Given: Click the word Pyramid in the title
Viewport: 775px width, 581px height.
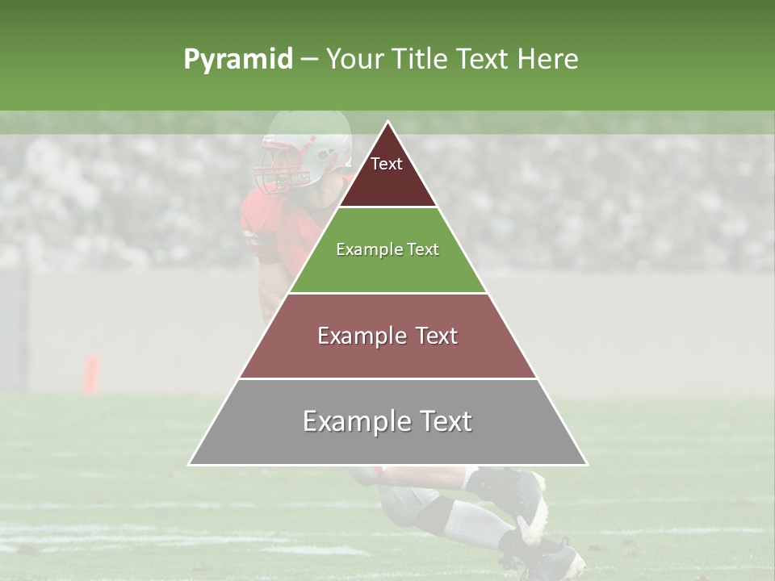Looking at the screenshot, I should (x=238, y=60).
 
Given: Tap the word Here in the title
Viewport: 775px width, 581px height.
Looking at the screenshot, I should (x=547, y=60).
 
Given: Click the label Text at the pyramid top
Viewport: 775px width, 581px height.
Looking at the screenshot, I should (x=387, y=164).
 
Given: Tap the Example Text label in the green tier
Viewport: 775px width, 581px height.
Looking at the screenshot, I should (x=387, y=249).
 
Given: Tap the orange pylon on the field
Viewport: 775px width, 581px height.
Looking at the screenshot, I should (x=92, y=374).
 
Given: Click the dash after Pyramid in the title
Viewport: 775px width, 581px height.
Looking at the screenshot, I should (x=309, y=60).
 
